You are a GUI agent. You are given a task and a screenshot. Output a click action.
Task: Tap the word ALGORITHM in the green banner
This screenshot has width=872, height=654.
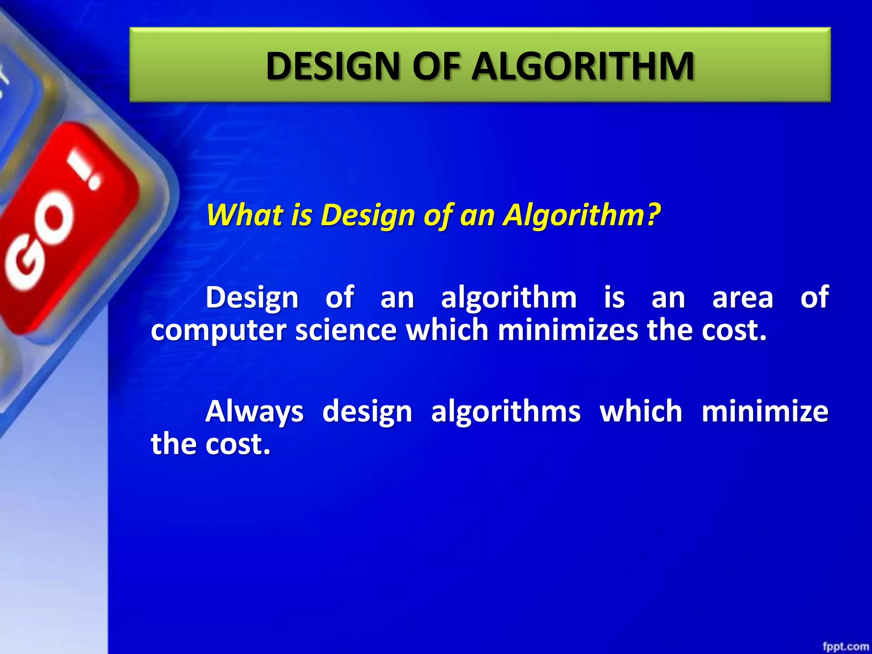(583, 66)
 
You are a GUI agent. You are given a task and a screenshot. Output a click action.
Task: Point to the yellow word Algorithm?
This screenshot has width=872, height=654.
(582, 215)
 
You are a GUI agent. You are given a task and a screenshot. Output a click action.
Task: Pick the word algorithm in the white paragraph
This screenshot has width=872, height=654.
(509, 298)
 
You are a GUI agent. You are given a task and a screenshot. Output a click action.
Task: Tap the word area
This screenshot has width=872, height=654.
(743, 298)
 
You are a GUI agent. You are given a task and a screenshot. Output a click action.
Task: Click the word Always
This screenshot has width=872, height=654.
(254, 412)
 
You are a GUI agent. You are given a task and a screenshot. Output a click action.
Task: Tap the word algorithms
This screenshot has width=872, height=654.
(506, 412)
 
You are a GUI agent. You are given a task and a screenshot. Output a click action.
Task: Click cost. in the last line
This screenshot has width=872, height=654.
(238, 444)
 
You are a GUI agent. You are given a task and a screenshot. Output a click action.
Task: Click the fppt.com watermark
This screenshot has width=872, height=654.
(845, 646)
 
